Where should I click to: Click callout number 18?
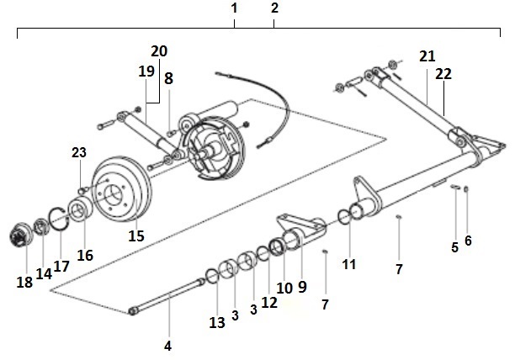24,283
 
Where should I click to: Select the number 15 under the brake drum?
136,236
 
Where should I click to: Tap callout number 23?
78,153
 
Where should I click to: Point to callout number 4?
167,346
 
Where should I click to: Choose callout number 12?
268,302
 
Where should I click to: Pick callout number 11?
349,264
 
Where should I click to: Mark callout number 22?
443,74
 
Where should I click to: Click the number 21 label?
427,56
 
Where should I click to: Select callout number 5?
454,247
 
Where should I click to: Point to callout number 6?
469,241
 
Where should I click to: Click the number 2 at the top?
275,8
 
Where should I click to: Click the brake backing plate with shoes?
214,147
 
